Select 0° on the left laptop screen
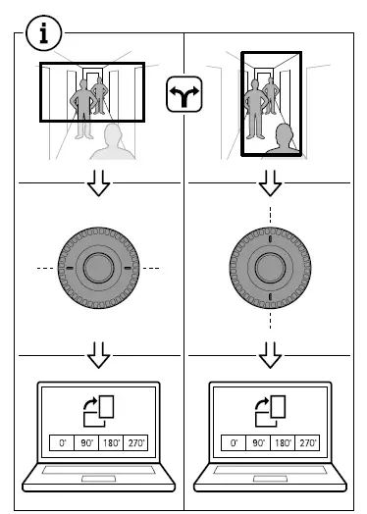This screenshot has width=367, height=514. click(x=61, y=443)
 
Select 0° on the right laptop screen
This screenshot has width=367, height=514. click(x=234, y=443)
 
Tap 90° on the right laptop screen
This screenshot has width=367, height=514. click(x=258, y=443)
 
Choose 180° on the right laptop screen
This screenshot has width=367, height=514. click(x=283, y=443)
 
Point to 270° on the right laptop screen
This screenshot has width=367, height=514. click(x=307, y=443)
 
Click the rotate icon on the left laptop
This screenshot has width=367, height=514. click(x=98, y=410)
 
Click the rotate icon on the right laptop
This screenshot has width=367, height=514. click(x=271, y=410)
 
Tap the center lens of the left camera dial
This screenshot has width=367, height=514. click(x=97, y=267)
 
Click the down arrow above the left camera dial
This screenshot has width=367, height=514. click(x=98, y=182)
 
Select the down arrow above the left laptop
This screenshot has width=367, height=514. click(x=98, y=352)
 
